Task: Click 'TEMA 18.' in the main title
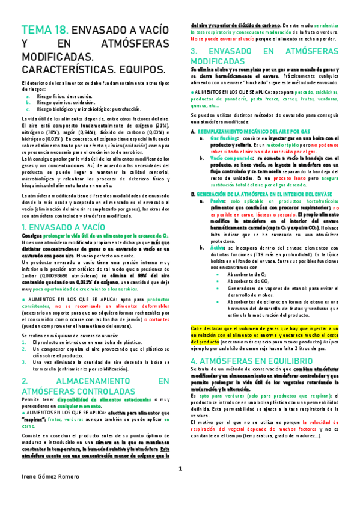pos(44,30)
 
